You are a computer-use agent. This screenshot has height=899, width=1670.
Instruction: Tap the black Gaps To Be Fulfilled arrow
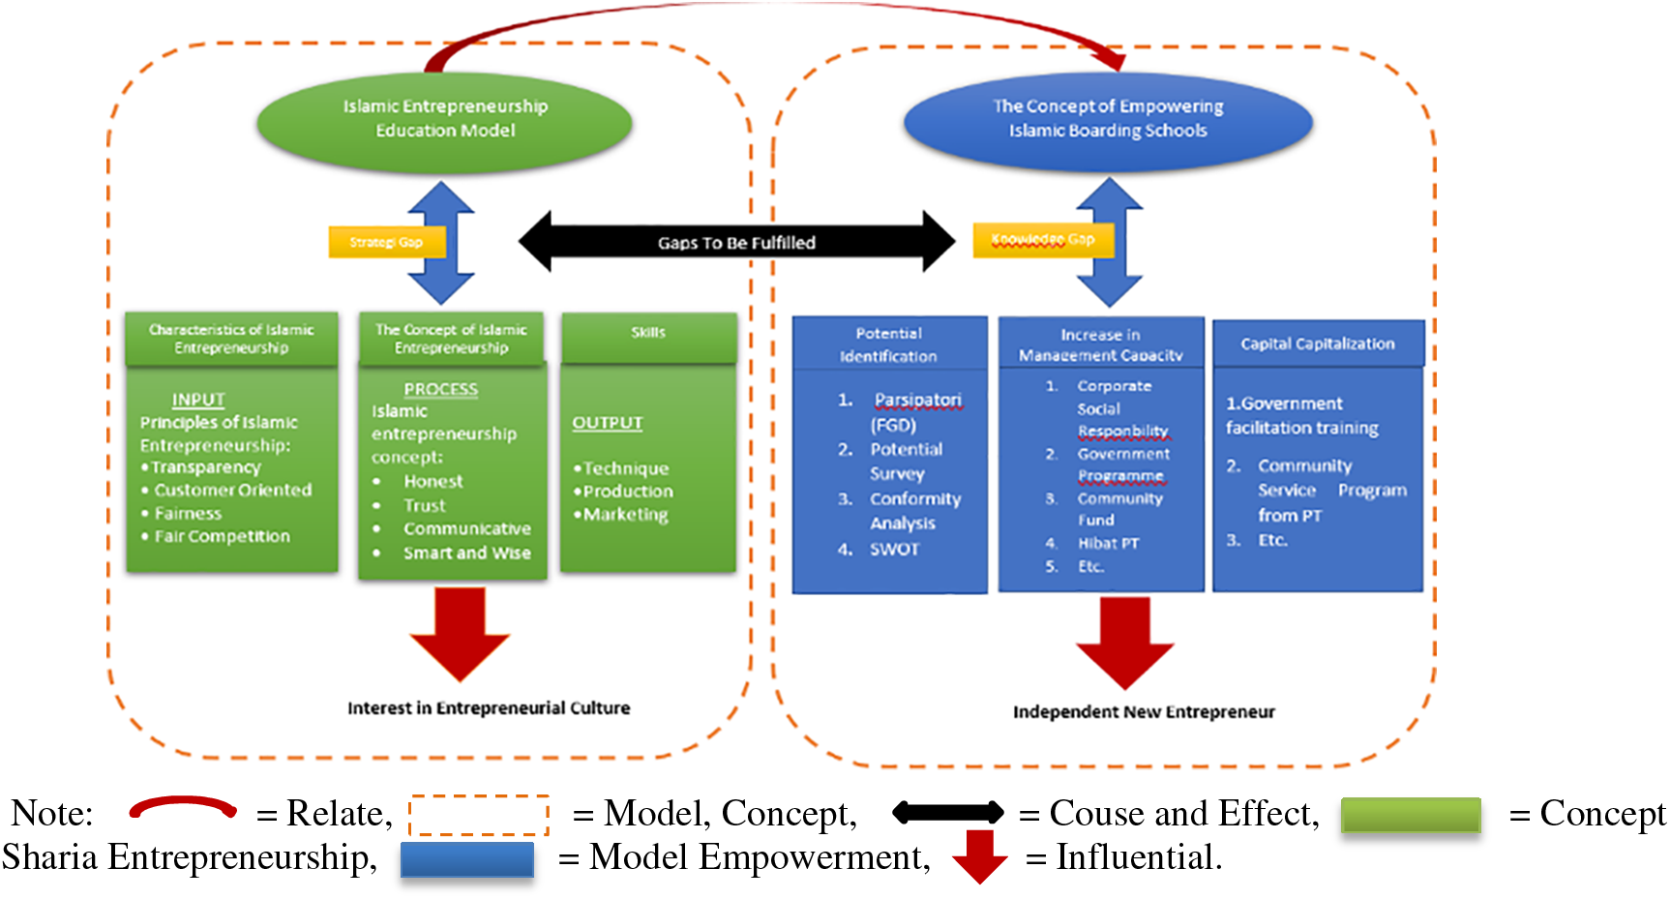736,242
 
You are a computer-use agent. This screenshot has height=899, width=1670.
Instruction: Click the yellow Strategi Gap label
386,242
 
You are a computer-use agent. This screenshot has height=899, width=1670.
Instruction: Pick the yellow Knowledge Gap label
1042,240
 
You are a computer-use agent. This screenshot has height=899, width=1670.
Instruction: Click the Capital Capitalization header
1318,344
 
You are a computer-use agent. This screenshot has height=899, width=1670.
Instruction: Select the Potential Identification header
888,345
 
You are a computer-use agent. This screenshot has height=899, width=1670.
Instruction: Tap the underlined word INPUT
198,400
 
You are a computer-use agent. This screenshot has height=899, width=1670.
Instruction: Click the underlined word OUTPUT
607,423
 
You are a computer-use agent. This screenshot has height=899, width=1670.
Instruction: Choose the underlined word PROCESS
440,389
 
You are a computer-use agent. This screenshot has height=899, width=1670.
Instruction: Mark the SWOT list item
894,550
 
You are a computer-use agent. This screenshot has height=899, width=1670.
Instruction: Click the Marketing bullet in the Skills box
625,515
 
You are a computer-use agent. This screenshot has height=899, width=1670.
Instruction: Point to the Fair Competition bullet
222,536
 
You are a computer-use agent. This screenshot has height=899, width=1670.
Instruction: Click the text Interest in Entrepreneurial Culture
489,708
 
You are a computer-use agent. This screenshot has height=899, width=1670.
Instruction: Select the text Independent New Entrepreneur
1144,712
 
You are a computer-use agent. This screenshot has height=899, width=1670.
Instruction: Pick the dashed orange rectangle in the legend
479,815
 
